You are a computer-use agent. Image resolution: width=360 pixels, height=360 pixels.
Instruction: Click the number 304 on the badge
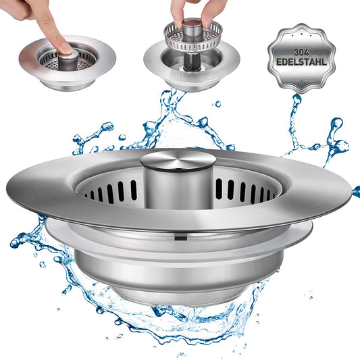click(x=301, y=53)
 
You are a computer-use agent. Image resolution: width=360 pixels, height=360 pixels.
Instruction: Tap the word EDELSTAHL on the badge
click(x=301, y=62)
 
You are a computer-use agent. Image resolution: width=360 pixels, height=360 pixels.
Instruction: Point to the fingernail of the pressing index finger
click(x=67, y=48)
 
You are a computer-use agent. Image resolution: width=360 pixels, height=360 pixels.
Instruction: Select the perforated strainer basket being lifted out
click(x=193, y=36)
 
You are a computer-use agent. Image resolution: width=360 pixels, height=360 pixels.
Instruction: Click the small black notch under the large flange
click(x=181, y=237)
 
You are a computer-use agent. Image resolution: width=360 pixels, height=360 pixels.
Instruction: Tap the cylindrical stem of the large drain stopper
click(x=178, y=188)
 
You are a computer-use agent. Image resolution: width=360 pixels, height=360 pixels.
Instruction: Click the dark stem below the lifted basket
click(x=192, y=61)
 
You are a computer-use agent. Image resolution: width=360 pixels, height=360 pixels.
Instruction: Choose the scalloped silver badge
click(x=301, y=58)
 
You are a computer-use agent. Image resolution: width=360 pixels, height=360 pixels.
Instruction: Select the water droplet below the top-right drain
click(x=217, y=104)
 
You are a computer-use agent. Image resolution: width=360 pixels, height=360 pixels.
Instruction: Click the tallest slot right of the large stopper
click(x=219, y=189)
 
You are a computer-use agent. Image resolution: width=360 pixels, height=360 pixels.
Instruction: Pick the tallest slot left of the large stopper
click(x=133, y=190)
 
